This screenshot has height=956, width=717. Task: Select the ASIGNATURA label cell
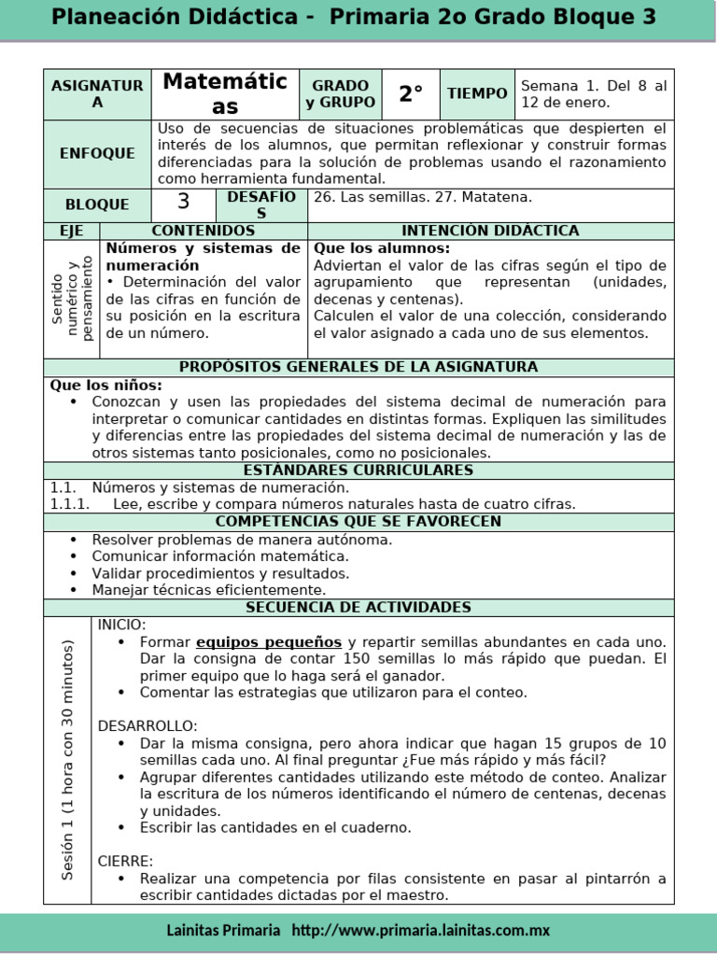[97, 94]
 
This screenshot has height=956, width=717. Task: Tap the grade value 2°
[411, 94]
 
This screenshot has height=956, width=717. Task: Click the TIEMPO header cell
[477, 94]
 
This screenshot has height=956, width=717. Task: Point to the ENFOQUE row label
[97, 153]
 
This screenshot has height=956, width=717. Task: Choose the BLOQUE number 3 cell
[183, 203]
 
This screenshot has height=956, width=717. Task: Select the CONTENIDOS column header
[203, 231]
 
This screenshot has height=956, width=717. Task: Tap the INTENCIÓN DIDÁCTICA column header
[490, 231]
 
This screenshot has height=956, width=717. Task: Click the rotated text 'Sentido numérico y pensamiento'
[72, 299]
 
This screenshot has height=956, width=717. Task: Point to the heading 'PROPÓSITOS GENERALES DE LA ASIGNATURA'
[358, 367]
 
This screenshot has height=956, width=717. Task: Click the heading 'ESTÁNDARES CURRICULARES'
[358, 471]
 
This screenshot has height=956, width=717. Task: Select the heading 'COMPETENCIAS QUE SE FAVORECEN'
[358, 522]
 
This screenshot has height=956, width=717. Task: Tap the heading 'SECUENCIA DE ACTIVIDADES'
[358, 608]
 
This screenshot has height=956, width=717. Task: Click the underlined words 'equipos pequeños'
[269, 642]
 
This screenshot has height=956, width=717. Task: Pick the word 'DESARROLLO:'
[148, 725]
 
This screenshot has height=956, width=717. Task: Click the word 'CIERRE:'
[125, 861]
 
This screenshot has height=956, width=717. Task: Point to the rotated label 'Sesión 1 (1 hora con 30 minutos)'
[67, 759]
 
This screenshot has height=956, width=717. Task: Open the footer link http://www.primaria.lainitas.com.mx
[421, 931]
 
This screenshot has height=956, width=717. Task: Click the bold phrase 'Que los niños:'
[105, 385]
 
